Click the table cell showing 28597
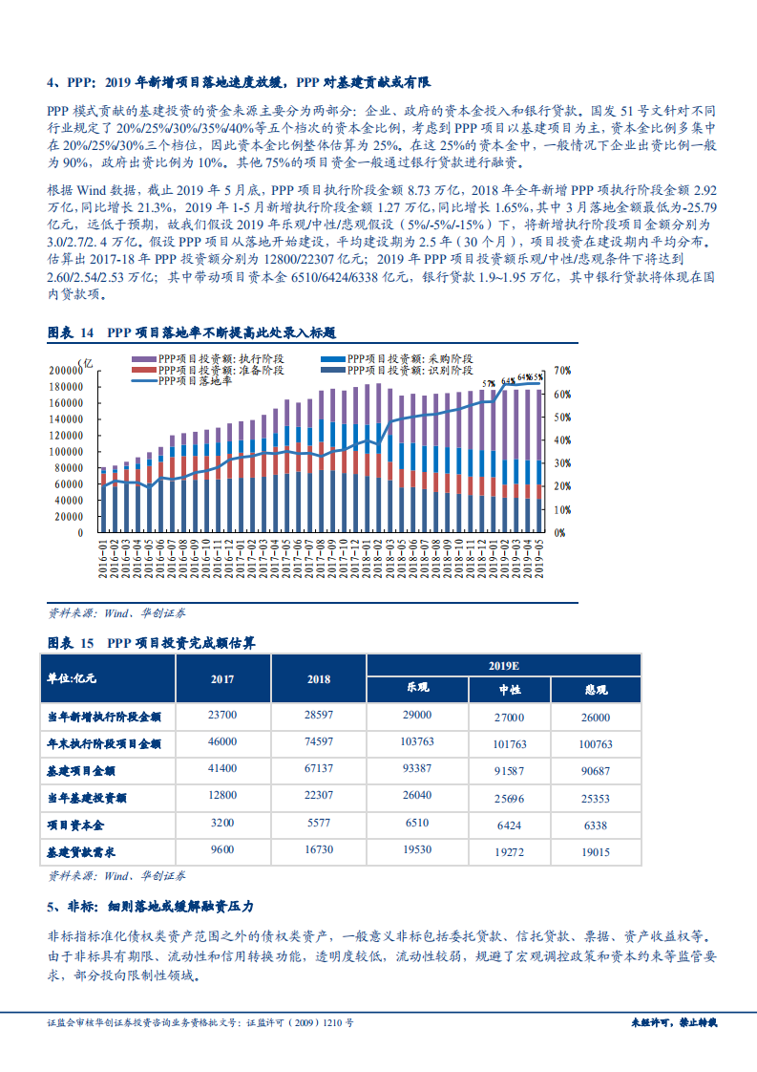pos(318,716)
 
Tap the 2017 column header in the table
pos(221,679)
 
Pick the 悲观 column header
pos(595,689)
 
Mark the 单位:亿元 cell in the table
pos(73,678)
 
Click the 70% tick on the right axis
pos(562,370)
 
